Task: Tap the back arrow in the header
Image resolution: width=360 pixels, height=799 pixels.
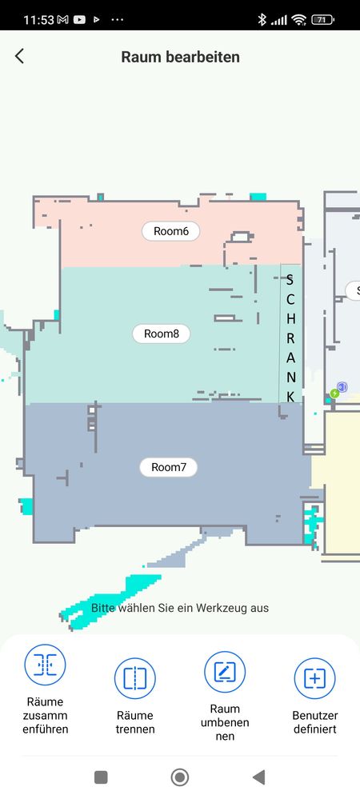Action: [19, 56]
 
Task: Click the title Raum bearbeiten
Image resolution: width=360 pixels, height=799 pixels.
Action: [180, 57]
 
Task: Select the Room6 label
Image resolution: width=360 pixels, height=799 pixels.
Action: [171, 231]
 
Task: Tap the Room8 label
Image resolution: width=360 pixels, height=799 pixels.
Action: [161, 334]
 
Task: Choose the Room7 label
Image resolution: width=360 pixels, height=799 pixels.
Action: [168, 467]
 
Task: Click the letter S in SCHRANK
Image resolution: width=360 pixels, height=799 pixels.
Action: [290, 280]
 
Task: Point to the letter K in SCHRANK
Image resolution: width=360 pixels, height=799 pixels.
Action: [290, 397]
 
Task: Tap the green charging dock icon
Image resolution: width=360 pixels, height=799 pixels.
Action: [334, 394]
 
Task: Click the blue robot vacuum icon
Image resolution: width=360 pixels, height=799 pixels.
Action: [342, 387]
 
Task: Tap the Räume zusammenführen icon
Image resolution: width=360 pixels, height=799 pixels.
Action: [46, 665]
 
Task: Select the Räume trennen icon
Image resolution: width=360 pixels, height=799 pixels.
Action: [135, 678]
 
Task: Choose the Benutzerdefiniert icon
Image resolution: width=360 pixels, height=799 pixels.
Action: [314, 678]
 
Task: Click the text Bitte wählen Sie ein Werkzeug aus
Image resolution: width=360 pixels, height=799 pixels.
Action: [180, 608]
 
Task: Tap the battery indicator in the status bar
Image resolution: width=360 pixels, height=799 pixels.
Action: [322, 20]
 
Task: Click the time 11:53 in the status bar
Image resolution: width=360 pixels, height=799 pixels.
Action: [38, 20]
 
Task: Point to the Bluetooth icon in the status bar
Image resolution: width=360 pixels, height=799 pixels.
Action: [262, 20]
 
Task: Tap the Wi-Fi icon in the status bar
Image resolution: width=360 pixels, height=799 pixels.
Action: [299, 20]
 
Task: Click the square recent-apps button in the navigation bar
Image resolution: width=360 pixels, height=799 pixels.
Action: [101, 777]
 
